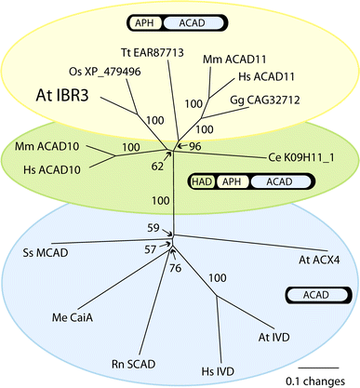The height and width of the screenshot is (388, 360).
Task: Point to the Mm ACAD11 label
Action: [232, 60]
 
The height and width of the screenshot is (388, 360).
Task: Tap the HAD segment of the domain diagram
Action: [202, 182]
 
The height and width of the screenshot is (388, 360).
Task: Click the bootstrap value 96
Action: [197, 146]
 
